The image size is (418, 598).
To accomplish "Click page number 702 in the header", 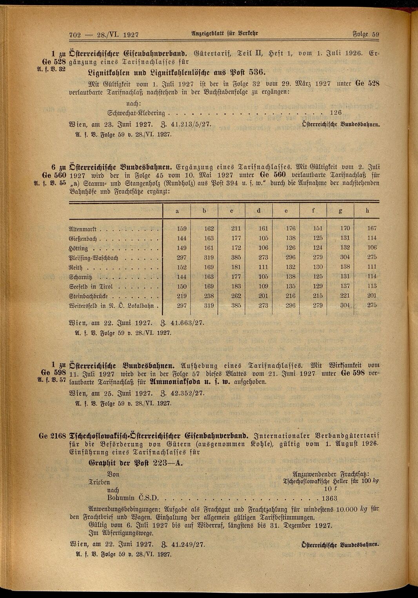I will [75, 35].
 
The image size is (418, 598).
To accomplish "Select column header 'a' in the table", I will [177, 211].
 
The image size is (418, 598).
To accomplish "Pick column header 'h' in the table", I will [367, 211].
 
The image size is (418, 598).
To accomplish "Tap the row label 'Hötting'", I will [78, 248].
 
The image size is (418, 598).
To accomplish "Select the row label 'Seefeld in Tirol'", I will [91, 287].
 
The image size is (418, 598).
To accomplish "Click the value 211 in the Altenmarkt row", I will [236, 228].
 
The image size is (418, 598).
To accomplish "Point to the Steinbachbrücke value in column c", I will [236, 296].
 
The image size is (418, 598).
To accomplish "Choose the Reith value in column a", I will [182, 267].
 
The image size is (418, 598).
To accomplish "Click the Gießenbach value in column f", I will [318, 238].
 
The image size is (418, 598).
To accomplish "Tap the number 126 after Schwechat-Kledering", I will [336, 113].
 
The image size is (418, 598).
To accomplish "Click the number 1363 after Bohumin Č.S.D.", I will [329, 498].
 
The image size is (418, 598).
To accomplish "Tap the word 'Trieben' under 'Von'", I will [98, 482].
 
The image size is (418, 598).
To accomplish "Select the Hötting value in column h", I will [371, 247].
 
